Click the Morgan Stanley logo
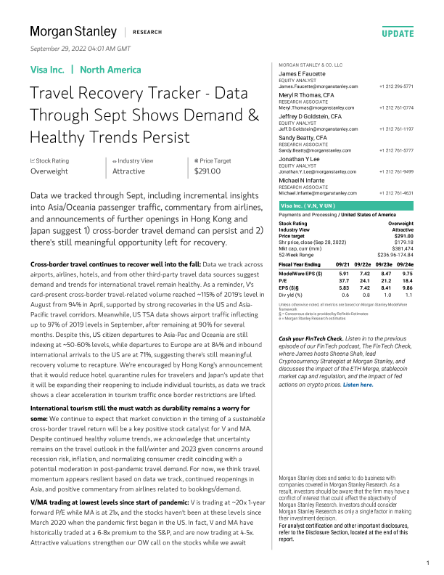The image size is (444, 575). (x=73, y=32)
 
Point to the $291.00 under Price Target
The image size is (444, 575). (x=208, y=171)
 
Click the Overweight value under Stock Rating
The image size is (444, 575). (x=49, y=171)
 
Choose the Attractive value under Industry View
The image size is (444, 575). (x=128, y=171)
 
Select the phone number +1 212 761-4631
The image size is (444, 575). (x=398, y=192)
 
